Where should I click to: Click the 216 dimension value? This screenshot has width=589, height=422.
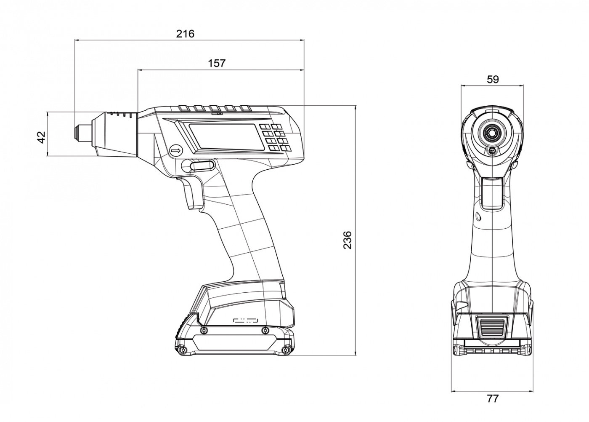(185, 34)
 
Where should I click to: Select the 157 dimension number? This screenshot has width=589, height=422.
(217, 63)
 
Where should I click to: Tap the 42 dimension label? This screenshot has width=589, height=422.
(41, 137)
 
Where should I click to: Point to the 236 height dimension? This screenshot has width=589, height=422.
(348, 240)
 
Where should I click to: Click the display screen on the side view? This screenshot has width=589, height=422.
(226, 136)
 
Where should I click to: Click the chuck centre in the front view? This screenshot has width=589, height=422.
(492, 132)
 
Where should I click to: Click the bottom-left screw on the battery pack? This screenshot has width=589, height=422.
(181, 350)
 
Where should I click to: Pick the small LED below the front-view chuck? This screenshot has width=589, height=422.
(492, 150)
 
